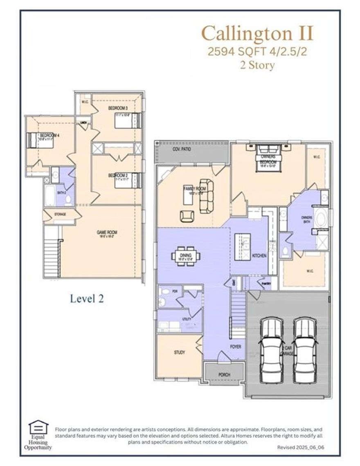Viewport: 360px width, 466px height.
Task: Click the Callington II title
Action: [258, 34]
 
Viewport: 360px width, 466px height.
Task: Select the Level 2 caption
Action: [87, 298]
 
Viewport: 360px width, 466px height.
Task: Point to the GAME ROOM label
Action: [107, 232]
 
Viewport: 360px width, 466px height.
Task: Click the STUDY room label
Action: [179, 352]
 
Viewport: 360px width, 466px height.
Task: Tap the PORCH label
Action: [224, 374]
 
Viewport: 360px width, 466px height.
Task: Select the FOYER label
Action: [235, 347]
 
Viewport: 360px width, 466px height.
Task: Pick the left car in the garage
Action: [270, 349]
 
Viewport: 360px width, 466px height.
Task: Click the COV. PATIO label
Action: [182, 150]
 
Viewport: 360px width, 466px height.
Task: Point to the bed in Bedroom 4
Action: [33, 140]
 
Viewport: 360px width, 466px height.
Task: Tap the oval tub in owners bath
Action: [322, 219]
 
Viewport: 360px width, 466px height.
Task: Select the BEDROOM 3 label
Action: [118, 108]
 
